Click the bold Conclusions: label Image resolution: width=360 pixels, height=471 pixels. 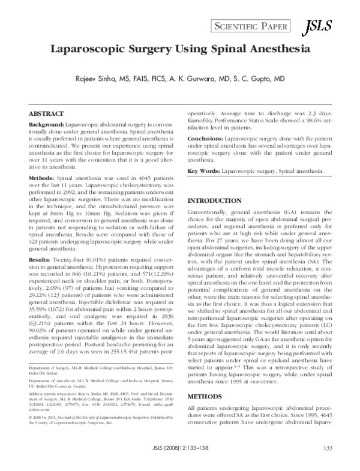tap(207, 138)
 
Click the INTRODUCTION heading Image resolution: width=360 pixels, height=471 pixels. tap(216, 200)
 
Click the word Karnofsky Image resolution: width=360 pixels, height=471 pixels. tap(203, 121)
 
